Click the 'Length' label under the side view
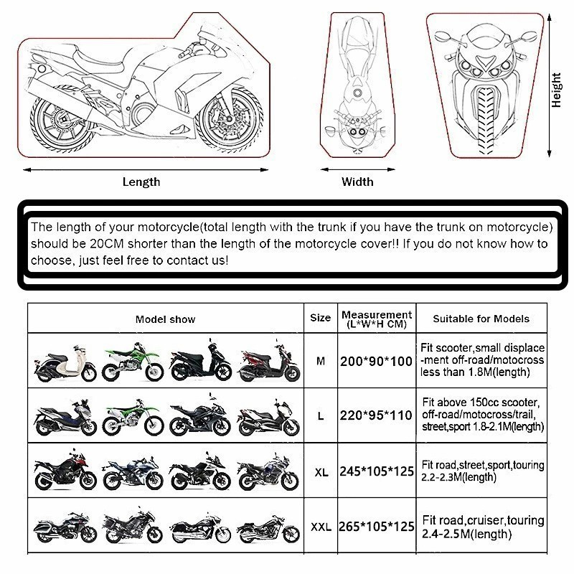coord(141,182)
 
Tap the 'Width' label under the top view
coord(357,182)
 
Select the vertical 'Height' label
coord(556,90)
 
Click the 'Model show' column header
coord(165,319)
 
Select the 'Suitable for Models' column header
coord(481,319)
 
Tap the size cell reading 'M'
coord(320,361)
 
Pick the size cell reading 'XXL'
coord(320,527)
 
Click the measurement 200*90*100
coord(377,362)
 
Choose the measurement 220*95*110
coord(377,417)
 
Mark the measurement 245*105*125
coord(377,472)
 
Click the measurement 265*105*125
coord(377,527)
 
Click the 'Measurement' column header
coord(377,319)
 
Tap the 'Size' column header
coord(320,318)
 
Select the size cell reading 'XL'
coord(321,473)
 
